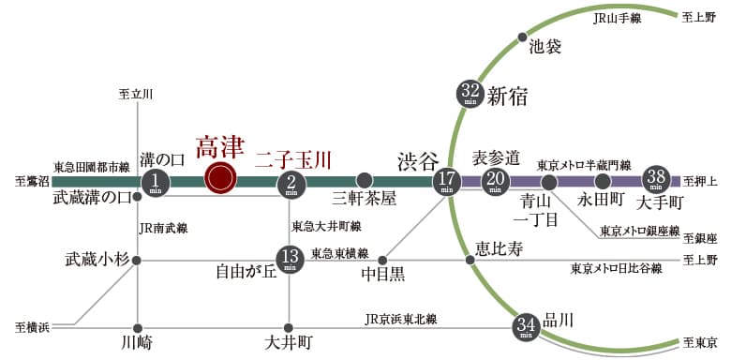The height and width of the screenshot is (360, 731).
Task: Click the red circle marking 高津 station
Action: coord(221,177)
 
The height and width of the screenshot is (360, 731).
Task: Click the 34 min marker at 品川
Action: coord(526,327)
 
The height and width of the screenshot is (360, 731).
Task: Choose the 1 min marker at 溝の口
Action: coord(158,181)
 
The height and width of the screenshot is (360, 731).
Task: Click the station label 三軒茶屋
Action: coord(365,199)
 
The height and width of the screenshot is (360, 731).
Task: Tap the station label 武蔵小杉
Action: coord(94,259)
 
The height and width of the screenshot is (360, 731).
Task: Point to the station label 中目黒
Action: coord(383,275)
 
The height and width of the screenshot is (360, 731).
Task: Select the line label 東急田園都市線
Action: coord(91,167)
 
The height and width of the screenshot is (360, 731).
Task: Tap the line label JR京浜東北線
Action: coord(401,320)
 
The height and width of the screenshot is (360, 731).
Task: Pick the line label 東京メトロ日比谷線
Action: coord(617,268)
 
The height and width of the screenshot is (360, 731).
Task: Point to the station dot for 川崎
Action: coord(138,327)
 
